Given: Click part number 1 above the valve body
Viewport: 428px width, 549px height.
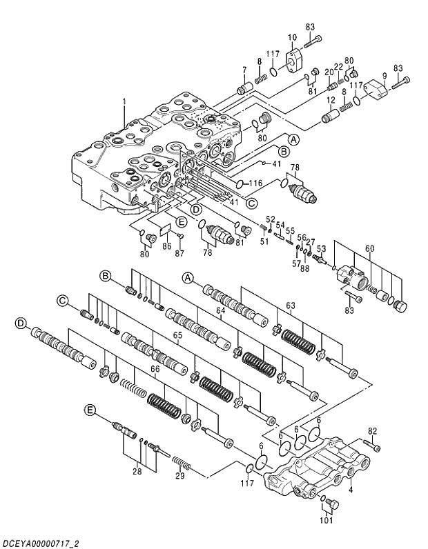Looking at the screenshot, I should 124,101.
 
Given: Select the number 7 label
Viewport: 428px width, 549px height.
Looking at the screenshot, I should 244,69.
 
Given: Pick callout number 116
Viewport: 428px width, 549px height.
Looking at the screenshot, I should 255,184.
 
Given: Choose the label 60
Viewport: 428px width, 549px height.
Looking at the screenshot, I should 369,248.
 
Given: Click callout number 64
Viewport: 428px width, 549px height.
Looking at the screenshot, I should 221,311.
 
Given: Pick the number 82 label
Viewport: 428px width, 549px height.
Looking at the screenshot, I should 373,431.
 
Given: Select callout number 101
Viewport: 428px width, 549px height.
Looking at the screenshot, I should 327,521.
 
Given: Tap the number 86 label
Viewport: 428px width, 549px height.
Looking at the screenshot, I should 166,246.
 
